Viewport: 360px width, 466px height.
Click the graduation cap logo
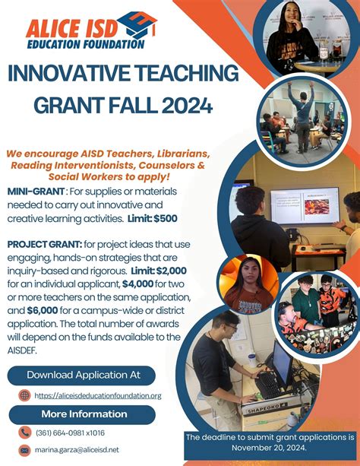tap(137, 25)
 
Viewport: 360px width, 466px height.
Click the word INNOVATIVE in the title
tap(69, 73)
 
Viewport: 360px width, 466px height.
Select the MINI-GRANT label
tap(36, 191)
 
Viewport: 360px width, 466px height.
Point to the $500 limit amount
tap(166, 218)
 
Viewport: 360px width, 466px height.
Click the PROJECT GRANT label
tap(45, 244)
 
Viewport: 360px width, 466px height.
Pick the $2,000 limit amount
tap(172, 271)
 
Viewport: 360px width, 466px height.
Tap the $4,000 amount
tap(137, 284)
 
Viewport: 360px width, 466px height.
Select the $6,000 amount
tap(43, 311)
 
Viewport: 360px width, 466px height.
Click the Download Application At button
tap(81, 376)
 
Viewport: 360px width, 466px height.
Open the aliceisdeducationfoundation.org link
tap(98, 396)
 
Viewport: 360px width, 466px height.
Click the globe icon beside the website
tap(24, 395)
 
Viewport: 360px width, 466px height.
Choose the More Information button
tap(82, 414)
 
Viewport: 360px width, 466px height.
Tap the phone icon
tap(24, 433)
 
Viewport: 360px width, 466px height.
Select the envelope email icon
tap(24, 451)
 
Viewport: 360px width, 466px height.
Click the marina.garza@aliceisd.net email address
tap(77, 450)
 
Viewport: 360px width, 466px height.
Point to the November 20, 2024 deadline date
tap(269, 448)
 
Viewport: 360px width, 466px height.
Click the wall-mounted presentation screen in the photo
tap(305, 205)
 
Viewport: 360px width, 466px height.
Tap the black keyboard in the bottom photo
tap(267, 385)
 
